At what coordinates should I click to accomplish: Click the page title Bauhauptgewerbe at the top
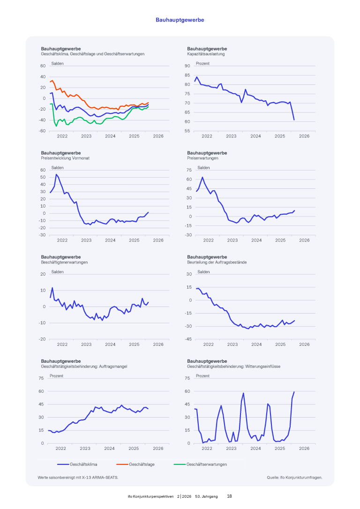180,20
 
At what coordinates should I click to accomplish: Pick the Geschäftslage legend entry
142,464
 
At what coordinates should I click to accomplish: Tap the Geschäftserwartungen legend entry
207,464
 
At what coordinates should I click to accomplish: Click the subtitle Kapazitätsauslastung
206,54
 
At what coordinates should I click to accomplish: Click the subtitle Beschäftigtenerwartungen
64,262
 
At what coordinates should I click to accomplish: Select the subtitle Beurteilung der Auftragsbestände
217,262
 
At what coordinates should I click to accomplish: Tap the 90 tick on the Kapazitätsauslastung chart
187,66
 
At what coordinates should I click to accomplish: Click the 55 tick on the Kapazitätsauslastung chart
187,131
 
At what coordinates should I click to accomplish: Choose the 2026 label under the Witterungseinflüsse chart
304,448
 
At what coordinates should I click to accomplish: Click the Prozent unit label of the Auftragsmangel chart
57,376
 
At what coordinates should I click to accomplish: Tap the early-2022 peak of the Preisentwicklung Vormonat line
56,174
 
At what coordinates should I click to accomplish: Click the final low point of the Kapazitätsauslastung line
294,120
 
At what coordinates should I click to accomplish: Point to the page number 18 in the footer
230,496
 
